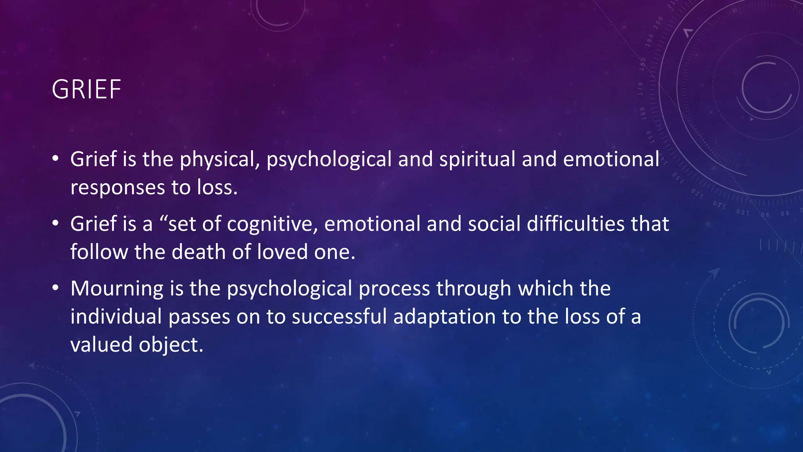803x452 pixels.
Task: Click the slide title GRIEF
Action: click(86, 90)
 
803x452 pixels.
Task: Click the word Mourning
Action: click(117, 289)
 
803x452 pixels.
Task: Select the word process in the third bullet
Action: click(394, 289)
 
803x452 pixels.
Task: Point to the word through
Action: click(474, 289)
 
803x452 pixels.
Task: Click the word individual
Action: click(116, 317)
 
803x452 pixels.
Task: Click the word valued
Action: click(101, 345)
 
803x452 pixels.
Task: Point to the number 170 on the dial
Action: click(641, 89)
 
